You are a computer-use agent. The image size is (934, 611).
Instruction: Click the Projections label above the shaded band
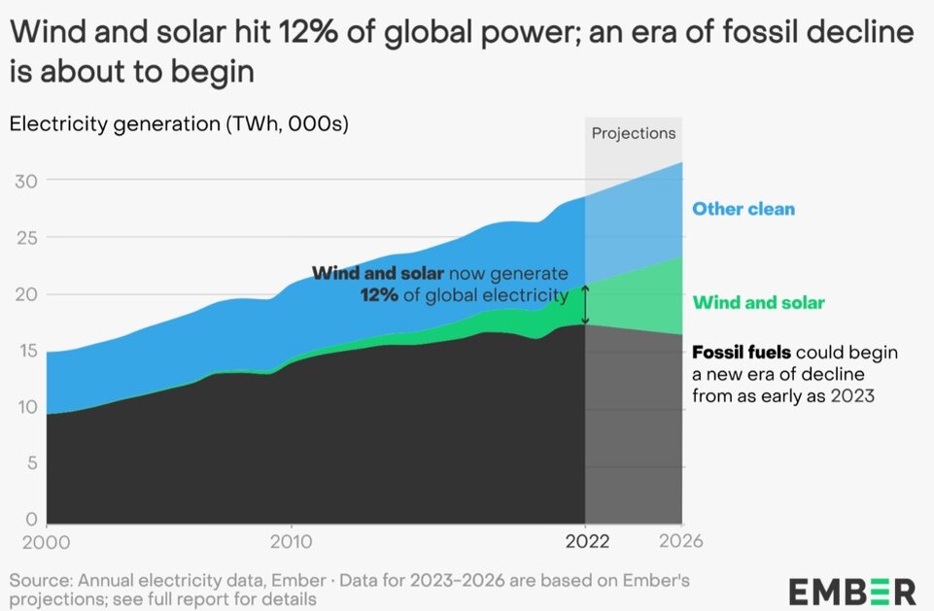(634, 134)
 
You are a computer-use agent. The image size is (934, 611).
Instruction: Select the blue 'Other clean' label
(743, 209)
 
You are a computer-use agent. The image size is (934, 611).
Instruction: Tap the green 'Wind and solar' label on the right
(758, 302)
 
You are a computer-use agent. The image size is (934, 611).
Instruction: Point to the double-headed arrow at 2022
(585, 305)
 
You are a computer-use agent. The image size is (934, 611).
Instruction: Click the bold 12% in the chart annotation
(379, 295)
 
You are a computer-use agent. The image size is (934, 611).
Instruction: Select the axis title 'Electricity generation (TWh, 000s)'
(178, 124)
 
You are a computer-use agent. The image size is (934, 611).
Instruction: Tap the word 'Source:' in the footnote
(39, 580)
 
